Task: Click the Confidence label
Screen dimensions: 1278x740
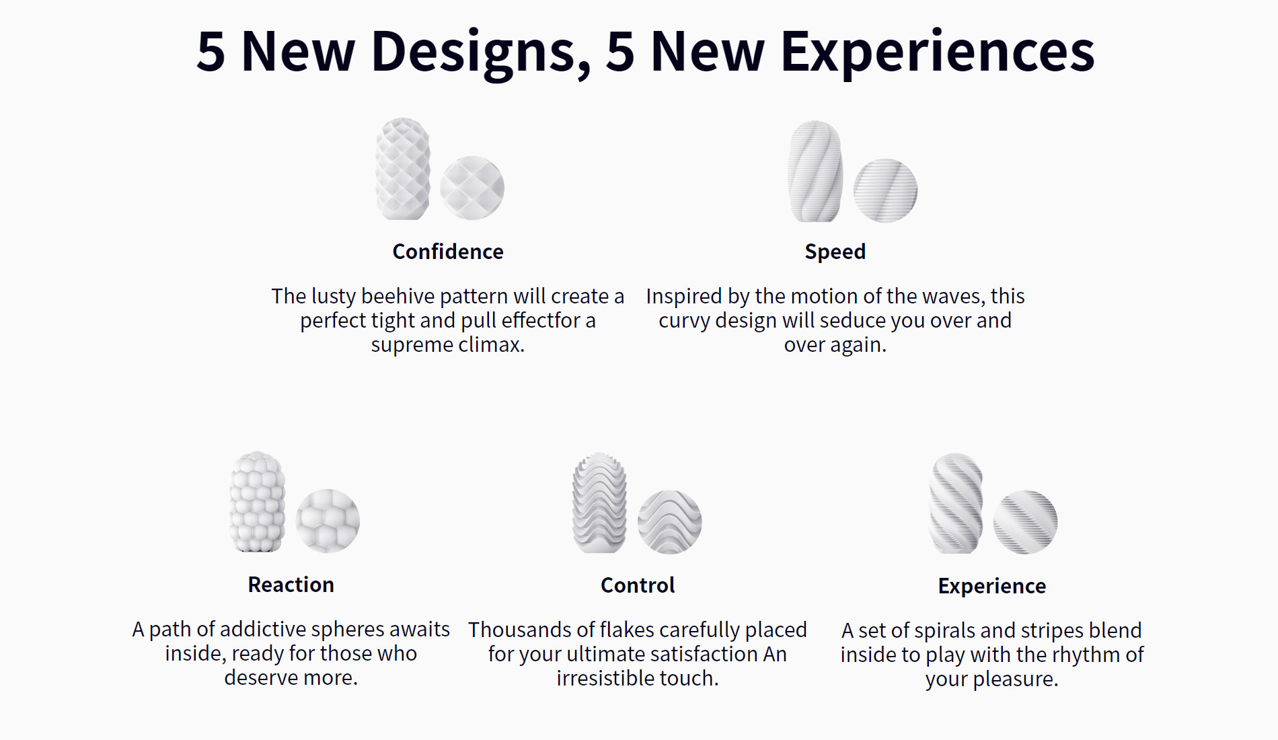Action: (448, 252)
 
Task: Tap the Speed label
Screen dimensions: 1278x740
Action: (835, 252)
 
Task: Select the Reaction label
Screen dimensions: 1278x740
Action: (291, 585)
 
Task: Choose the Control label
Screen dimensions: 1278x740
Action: (638, 585)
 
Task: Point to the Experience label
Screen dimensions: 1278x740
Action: (992, 586)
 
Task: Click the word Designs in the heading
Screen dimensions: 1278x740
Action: (481, 52)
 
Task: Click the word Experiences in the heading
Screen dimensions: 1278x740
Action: (938, 52)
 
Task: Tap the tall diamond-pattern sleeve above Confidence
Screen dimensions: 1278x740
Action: (403, 169)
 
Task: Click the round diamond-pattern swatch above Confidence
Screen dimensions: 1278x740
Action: (472, 188)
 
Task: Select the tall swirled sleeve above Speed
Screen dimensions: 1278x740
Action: (815, 172)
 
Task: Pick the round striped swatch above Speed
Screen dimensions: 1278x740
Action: (885, 190)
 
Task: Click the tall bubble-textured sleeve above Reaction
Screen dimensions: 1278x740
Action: (258, 502)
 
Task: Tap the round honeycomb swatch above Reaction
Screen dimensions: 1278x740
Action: (328, 521)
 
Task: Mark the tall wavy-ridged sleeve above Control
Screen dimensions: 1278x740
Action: (599, 503)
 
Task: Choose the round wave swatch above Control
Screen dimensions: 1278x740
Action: (669, 522)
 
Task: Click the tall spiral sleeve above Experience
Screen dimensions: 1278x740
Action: (955, 503)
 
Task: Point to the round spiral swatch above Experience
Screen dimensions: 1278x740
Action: (1025, 522)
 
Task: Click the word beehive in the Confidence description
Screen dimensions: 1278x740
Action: (398, 296)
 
